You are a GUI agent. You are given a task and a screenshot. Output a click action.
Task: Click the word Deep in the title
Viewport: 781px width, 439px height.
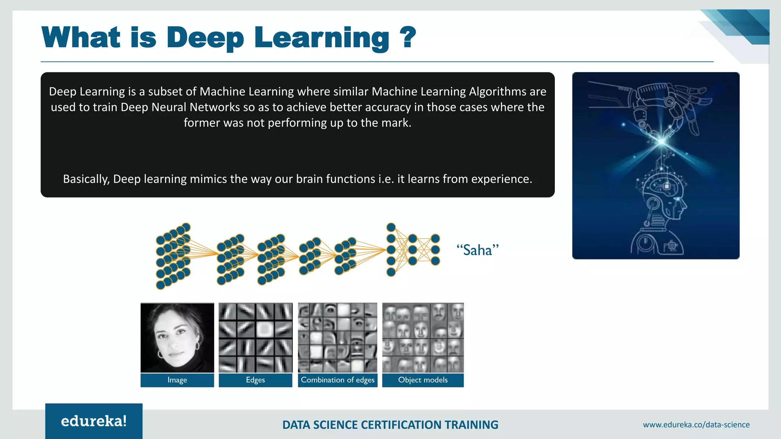click(x=205, y=38)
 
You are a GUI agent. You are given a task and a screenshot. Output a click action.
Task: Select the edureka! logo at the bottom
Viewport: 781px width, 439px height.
click(x=94, y=421)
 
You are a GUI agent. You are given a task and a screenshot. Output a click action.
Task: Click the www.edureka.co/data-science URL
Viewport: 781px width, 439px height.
click(x=696, y=425)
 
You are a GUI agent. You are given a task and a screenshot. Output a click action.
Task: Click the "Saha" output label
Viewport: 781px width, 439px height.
click(x=477, y=250)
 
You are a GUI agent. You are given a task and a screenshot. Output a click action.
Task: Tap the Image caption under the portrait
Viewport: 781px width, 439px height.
click(x=177, y=380)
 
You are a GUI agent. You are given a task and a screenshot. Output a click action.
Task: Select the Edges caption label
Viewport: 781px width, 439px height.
click(x=256, y=380)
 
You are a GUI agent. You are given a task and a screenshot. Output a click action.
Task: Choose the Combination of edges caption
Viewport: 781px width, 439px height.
click(x=337, y=380)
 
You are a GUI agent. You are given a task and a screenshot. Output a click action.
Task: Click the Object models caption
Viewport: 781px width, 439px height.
click(x=423, y=380)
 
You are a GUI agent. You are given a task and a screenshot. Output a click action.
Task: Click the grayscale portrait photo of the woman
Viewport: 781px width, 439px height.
click(x=177, y=338)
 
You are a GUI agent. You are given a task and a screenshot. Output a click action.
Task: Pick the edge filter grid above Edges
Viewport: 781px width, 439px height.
click(x=256, y=338)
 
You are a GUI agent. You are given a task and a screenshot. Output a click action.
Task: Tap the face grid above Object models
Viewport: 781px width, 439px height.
click(x=423, y=338)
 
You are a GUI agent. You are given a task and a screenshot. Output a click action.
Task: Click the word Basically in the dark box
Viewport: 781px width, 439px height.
click(x=86, y=179)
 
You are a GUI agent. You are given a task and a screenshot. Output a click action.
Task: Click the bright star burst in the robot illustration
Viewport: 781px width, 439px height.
click(x=662, y=142)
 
